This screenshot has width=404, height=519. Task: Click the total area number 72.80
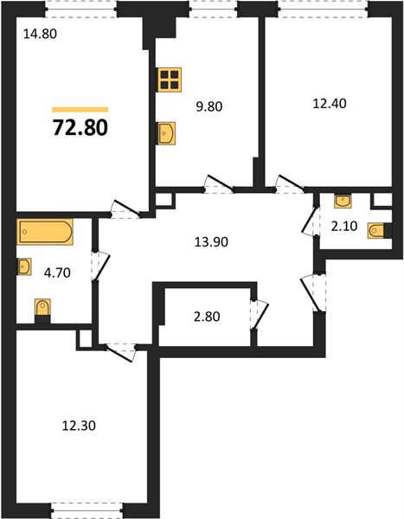tap(80, 128)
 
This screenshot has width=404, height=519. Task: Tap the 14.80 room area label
tap(40, 34)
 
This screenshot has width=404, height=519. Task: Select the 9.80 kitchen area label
tap(209, 106)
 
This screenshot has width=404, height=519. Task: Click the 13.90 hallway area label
tap(211, 242)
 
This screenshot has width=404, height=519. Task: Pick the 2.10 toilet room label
tap(344, 227)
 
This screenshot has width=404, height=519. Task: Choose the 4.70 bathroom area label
tap(57, 272)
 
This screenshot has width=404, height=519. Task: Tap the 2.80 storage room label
tap(207, 317)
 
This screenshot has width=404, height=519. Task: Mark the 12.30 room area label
tap(79, 426)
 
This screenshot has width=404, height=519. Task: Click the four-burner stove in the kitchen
tap(170, 80)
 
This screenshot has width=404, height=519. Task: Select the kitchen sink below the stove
tap(167, 133)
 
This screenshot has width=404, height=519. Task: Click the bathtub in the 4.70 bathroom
tap(45, 232)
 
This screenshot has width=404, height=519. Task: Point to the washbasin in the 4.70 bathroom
tap(24, 266)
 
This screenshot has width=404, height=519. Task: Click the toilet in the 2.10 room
tap(376, 231)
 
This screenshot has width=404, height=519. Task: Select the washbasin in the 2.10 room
tap(343, 202)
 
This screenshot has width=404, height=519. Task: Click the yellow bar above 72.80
tap(80, 110)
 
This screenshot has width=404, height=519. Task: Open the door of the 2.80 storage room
tap(260, 315)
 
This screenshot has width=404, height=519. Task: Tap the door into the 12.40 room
tap(290, 183)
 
